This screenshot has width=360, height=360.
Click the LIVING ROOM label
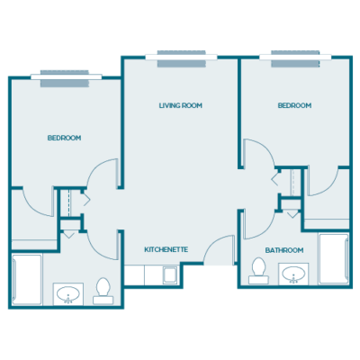pyautogui.click(x=180, y=105)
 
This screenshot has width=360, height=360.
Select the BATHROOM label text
pyautogui.click(x=283, y=249)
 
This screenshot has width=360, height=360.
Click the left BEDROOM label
pyautogui.click(x=64, y=138)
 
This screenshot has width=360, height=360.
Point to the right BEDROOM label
pyautogui.click(x=294, y=105)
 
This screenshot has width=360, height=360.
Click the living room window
pyautogui.click(x=186, y=57)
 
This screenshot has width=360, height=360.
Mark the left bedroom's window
pyautogui.click(x=65, y=79)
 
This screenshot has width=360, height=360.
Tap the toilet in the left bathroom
pyautogui.click(x=103, y=288)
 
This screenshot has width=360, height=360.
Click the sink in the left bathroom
pyautogui.click(x=67, y=293)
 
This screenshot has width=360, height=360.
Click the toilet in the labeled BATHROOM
pyautogui.click(x=257, y=268)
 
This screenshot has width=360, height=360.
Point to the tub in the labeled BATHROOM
pyautogui.click(x=333, y=258)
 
